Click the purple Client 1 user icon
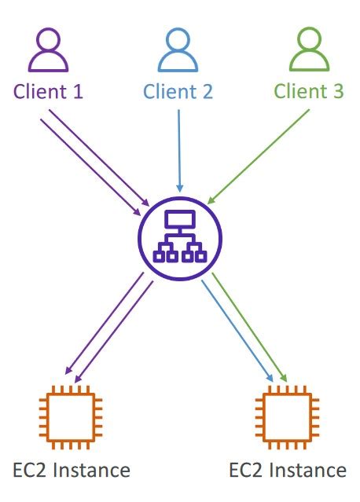click(x=48, y=52)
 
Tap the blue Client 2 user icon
click(x=178, y=52)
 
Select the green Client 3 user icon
click(x=309, y=52)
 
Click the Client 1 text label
click(x=49, y=92)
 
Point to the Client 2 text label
click(x=178, y=92)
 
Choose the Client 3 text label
click(x=309, y=92)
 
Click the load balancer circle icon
click(x=180, y=234)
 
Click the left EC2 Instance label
click(x=72, y=471)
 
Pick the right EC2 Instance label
click(x=288, y=471)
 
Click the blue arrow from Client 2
click(x=180, y=149)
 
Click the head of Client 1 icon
click(x=48, y=40)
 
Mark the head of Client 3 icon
click(x=309, y=40)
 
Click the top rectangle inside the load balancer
click(x=180, y=218)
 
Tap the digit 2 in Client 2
click(x=207, y=92)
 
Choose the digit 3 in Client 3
click(x=338, y=92)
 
